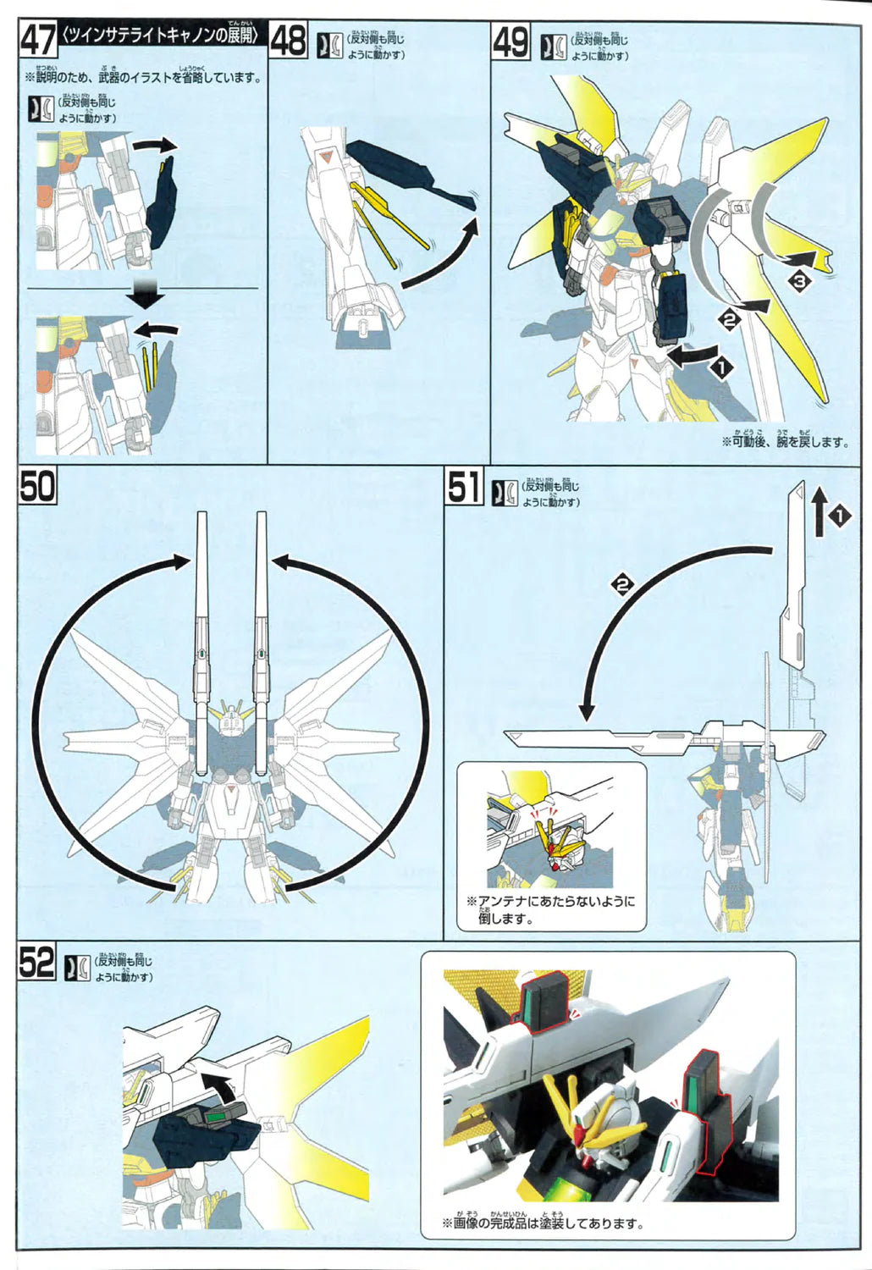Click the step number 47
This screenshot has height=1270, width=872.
38,40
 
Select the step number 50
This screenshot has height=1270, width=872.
37,487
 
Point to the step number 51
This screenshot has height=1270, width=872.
465,487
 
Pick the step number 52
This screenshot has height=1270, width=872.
36,963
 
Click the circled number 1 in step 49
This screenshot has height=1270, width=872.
721,367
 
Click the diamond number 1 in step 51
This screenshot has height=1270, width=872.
838,516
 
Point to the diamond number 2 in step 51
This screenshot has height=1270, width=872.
623,584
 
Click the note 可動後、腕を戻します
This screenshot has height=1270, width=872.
784,440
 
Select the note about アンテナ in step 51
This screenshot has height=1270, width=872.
550,909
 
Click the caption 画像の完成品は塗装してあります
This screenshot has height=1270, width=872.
543,1223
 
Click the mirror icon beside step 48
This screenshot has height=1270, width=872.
329,45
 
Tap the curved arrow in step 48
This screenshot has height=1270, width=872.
440,254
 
